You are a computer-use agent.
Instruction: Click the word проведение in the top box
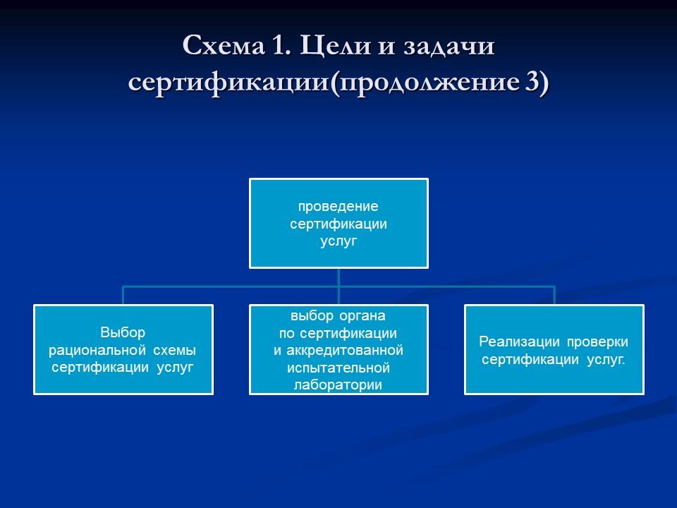338,207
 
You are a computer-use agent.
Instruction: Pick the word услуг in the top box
338,241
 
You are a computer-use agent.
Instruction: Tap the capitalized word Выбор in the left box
123,332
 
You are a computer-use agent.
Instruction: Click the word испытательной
338,368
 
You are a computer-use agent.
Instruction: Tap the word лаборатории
338,385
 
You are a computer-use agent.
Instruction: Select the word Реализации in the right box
519,342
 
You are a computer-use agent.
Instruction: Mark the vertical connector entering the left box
123,296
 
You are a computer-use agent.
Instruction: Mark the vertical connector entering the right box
554,296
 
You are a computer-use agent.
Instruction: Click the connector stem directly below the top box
338,277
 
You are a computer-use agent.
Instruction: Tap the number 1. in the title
278,47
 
